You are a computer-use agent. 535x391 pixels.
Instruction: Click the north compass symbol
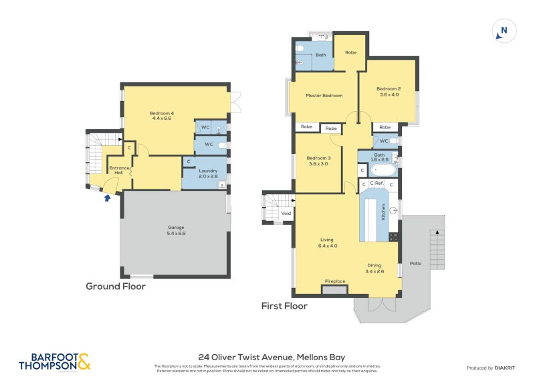click(x=504, y=30)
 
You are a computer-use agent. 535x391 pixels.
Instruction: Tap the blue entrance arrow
click(x=107, y=197)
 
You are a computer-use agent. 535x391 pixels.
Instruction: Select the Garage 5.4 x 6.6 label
click(x=176, y=230)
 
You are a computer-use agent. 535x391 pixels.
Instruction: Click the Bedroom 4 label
click(x=162, y=116)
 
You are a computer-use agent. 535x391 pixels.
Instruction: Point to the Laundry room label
click(x=209, y=173)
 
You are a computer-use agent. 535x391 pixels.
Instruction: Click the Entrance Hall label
click(x=118, y=171)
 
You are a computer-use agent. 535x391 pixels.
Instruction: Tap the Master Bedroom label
click(x=324, y=96)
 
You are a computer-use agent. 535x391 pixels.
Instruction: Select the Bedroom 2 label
click(x=388, y=92)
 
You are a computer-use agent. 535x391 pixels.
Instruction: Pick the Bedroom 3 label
click(x=318, y=161)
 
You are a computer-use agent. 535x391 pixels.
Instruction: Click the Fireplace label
click(x=335, y=281)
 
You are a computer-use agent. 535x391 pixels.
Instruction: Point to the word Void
click(x=286, y=214)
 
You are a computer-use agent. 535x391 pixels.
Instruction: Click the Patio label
click(x=415, y=263)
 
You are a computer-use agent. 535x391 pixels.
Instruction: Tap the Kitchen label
click(x=383, y=213)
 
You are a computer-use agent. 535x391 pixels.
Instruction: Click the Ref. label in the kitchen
click(x=379, y=183)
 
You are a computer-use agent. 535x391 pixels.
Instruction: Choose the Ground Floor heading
click(x=115, y=286)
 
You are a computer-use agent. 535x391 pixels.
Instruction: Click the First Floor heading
click(x=284, y=306)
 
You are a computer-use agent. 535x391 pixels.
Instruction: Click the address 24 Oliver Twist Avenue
click(x=272, y=358)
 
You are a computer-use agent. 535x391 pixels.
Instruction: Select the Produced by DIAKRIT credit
click(x=493, y=368)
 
